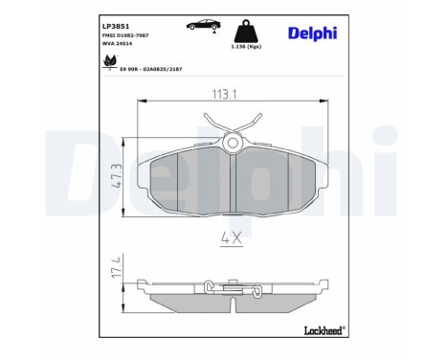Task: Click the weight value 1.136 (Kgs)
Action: tap(246, 46)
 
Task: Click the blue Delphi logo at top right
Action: tap(313, 33)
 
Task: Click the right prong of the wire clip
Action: tap(256, 122)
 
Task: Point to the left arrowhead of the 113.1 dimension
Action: tap(142, 107)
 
